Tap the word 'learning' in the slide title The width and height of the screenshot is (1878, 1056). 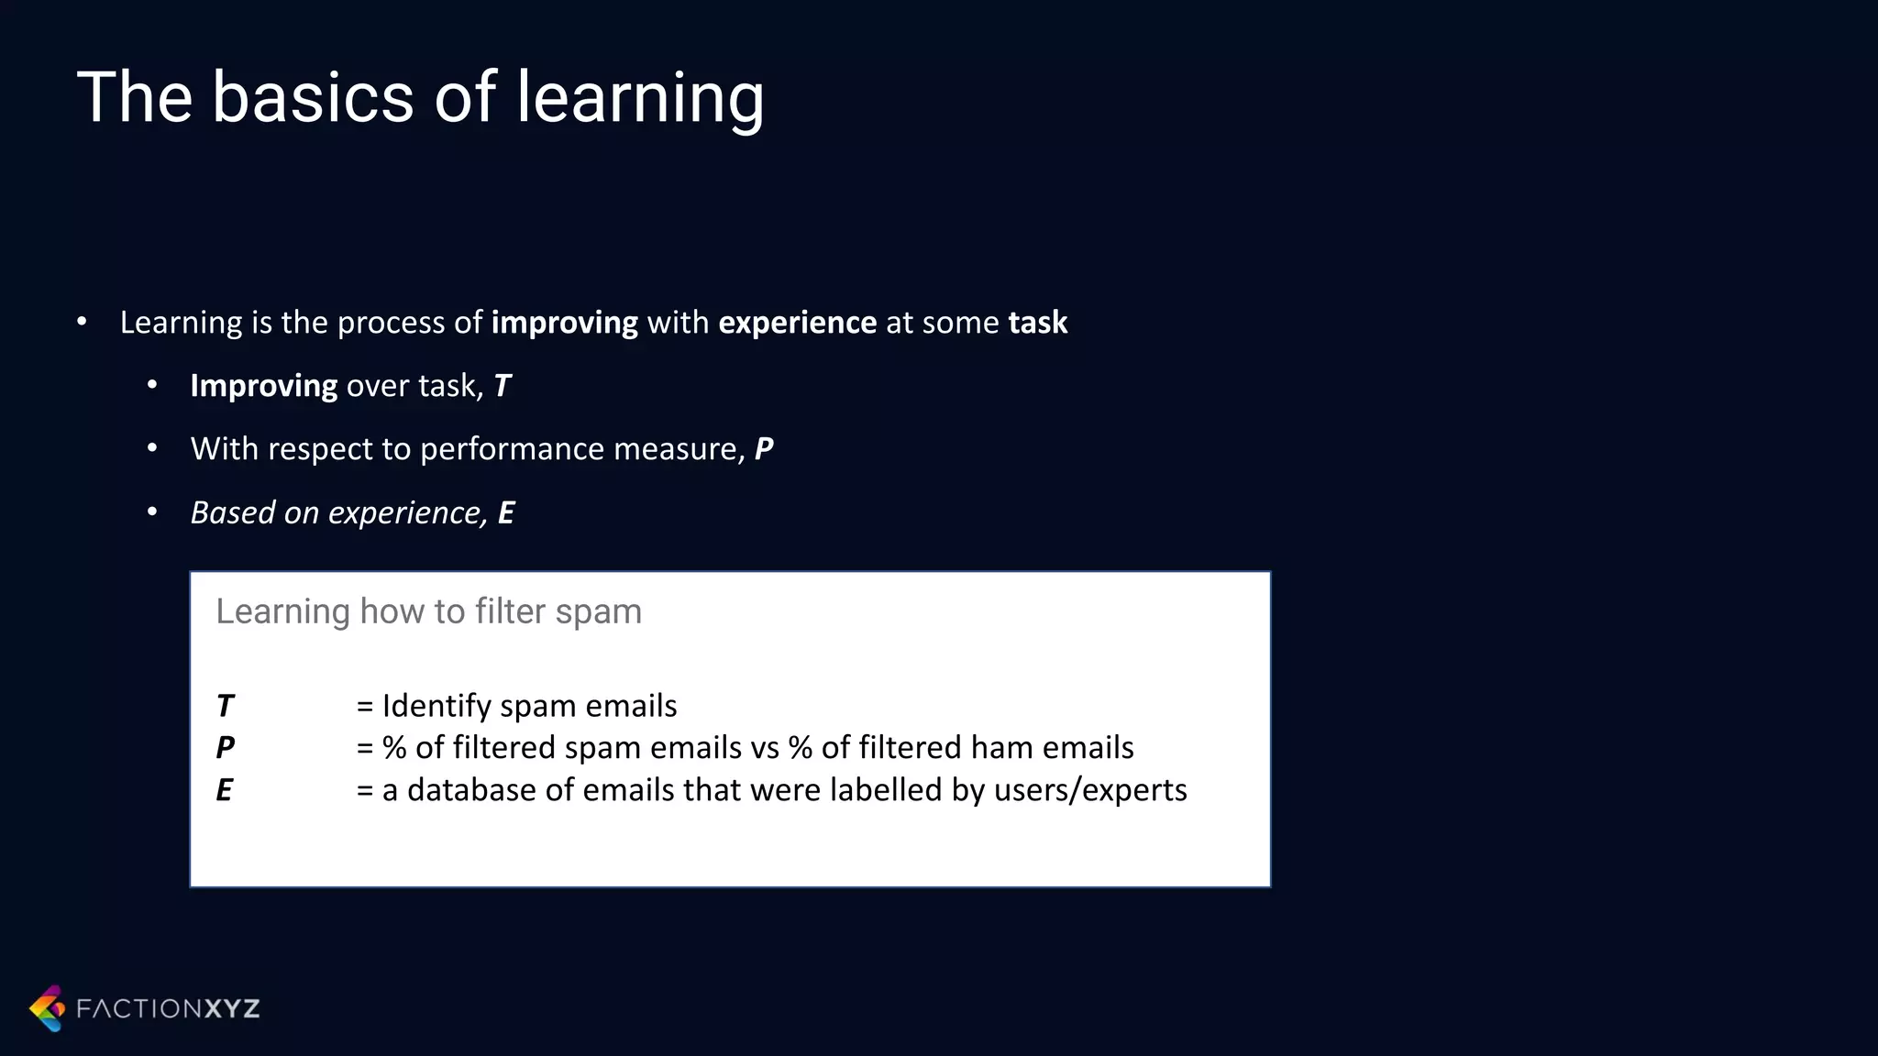click(640, 99)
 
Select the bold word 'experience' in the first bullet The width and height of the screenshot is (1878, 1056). click(797, 323)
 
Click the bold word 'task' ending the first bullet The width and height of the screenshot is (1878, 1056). click(1037, 323)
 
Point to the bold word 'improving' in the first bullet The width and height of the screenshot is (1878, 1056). click(564, 323)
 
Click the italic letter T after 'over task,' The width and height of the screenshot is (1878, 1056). click(502, 386)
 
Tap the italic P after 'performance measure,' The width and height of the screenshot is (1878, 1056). click(764, 449)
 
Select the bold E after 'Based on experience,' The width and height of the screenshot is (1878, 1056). click(505, 512)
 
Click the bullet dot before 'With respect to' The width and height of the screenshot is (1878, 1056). click(152, 448)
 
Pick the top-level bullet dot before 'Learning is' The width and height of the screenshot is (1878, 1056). click(82, 322)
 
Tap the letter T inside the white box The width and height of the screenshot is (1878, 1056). click(225, 706)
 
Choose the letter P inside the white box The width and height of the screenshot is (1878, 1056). click(225, 748)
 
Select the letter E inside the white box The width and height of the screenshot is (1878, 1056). click(224, 790)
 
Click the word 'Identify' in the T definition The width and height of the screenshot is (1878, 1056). click(436, 706)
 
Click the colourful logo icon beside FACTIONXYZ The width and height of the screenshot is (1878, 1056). click(48, 1008)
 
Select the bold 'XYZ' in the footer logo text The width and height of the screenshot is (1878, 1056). click(232, 1009)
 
